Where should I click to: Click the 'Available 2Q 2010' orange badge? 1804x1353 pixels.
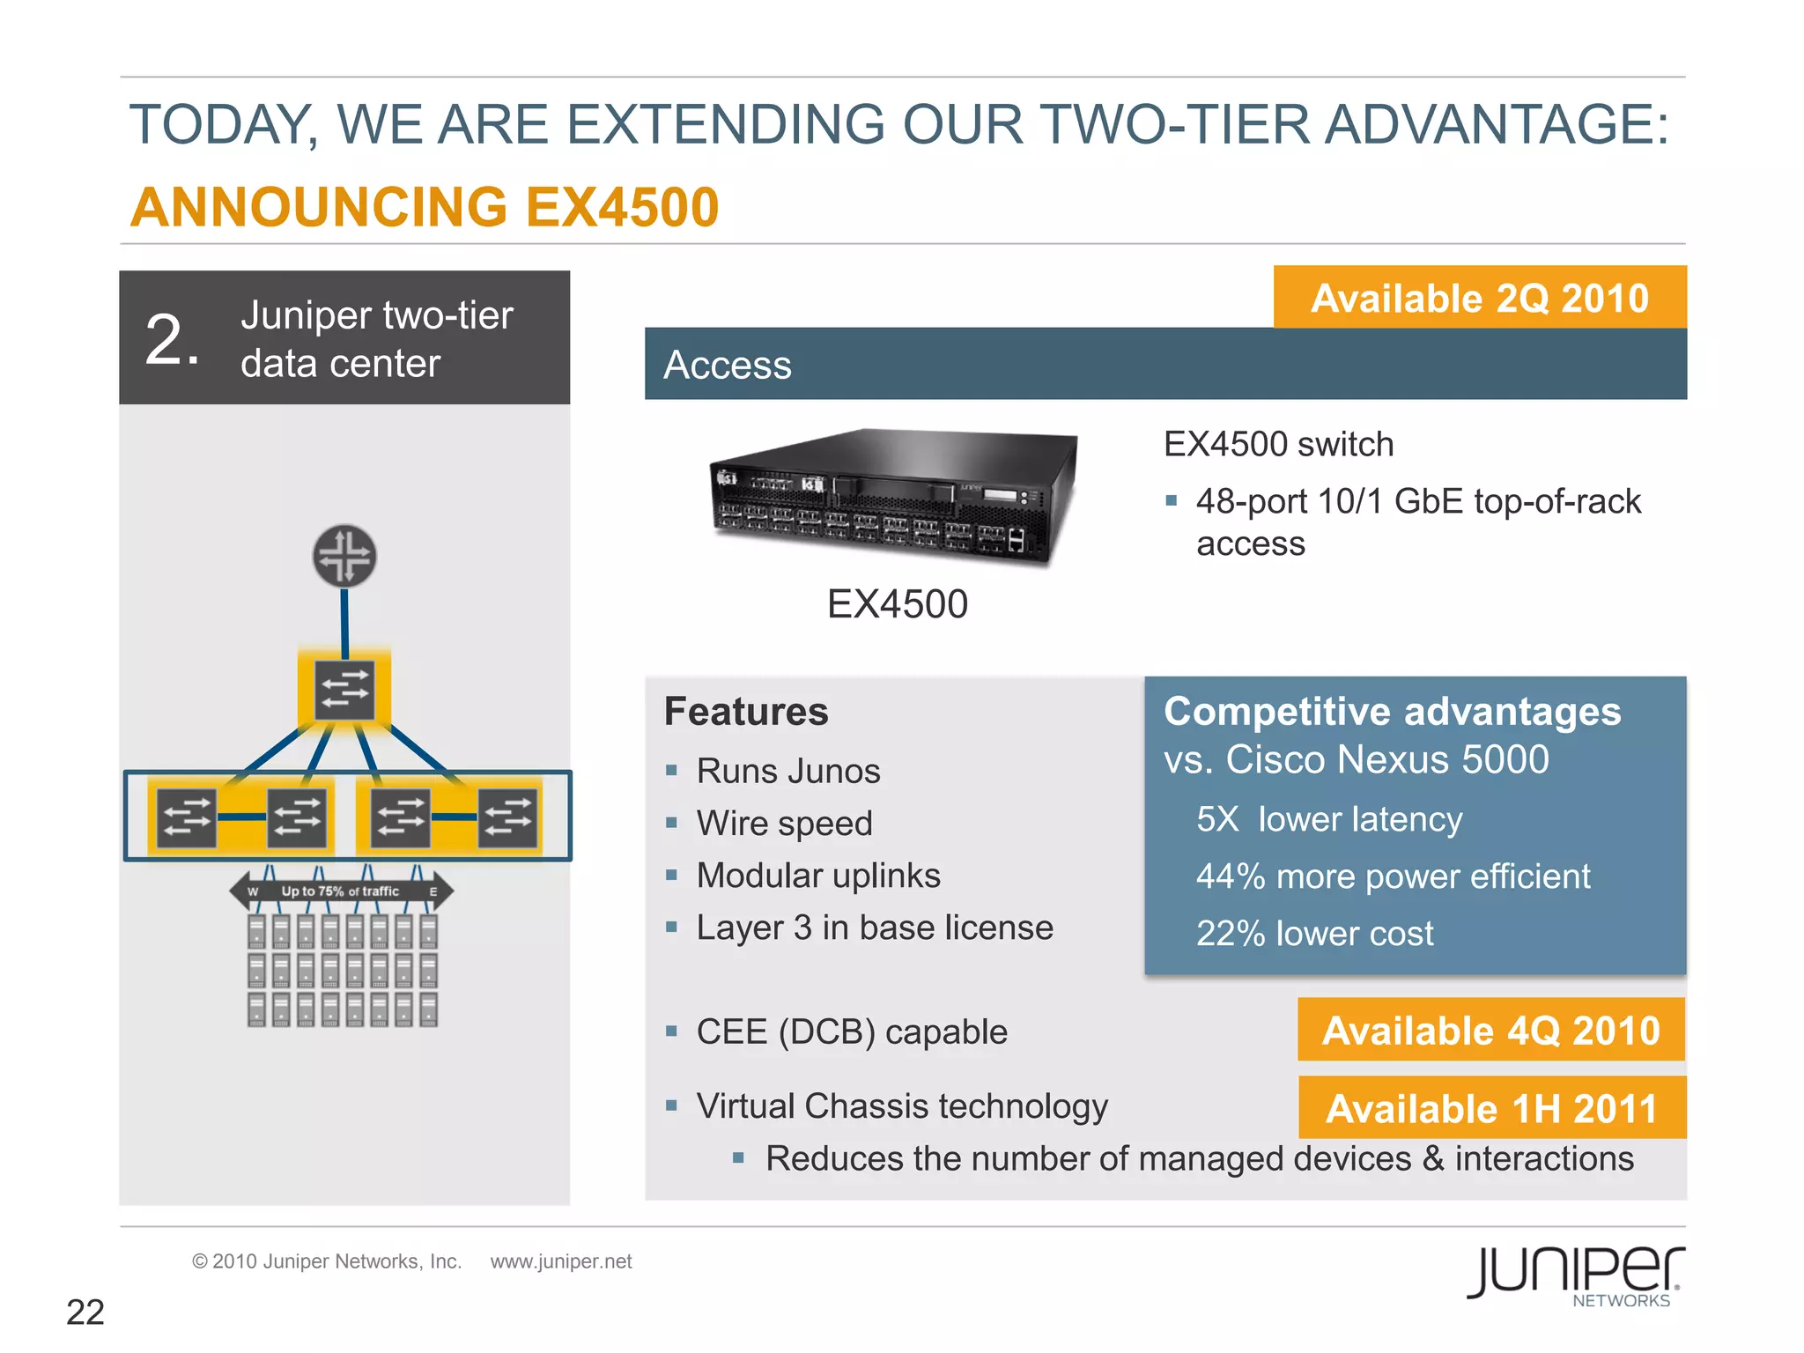pyautogui.click(x=1479, y=298)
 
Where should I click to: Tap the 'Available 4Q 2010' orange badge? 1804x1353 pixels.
pyautogui.click(x=1490, y=1030)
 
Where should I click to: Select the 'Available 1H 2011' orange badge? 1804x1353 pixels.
pyautogui.click(x=1491, y=1108)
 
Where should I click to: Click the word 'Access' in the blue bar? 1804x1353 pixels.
pyautogui.click(x=728, y=365)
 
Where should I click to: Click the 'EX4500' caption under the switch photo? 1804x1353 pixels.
pyautogui.click(x=897, y=604)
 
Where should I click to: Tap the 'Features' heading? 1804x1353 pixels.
pyautogui.click(x=746, y=712)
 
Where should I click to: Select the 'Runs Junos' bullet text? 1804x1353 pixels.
pyautogui.click(x=787, y=771)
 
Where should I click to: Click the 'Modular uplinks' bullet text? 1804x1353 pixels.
pyautogui.click(x=817, y=876)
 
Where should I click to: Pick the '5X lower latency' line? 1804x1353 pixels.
pyautogui.click(x=1328, y=819)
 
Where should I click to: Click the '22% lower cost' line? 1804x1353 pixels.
pyautogui.click(x=1314, y=933)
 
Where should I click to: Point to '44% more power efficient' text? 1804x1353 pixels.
pyautogui.click(x=1393, y=876)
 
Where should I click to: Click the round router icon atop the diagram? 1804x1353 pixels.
pyautogui.click(x=344, y=557)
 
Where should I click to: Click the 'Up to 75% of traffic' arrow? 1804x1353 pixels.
pyautogui.click(x=342, y=891)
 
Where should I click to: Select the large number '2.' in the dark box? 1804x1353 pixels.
pyautogui.click(x=173, y=339)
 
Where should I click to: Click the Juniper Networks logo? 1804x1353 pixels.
pyautogui.click(x=1576, y=1275)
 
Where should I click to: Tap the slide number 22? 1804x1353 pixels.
pyautogui.click(x=85, y=1312)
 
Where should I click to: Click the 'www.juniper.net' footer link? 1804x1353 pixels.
pyautogui.click(x=561, y=1261)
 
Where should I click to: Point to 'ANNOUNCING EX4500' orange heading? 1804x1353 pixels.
pyautogui.click(x=425, y=208)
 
